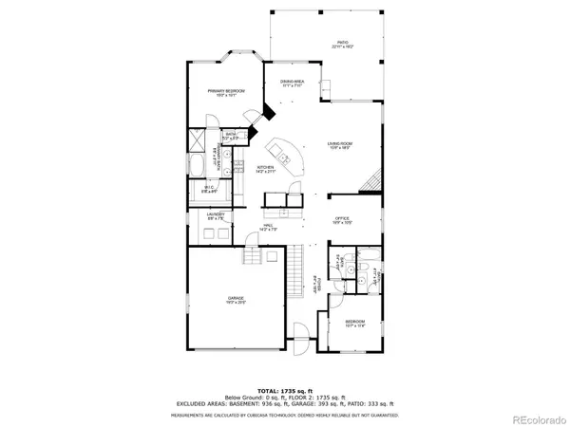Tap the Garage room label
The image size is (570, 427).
[229, 300]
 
